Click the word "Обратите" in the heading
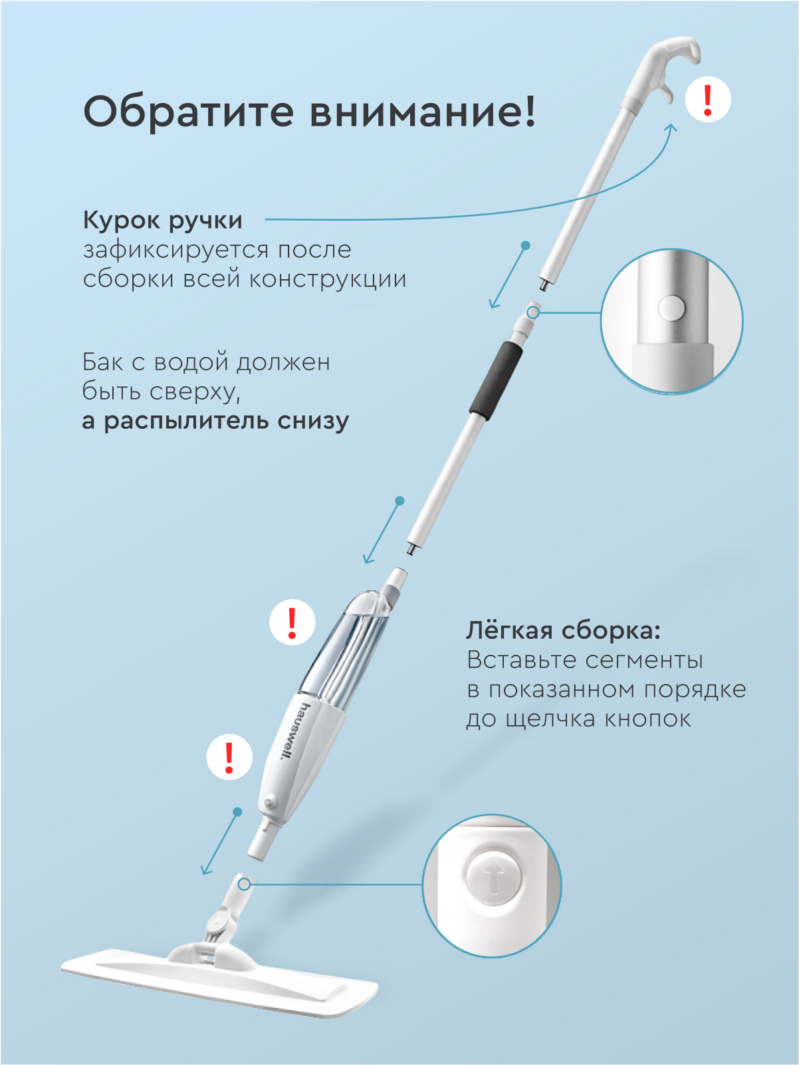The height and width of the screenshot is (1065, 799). pos(189,111)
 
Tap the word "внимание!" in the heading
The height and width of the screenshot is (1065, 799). pos(423,111)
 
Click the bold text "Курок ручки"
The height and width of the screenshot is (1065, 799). pos(162,221)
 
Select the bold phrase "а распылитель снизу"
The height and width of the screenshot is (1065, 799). pos(215,421)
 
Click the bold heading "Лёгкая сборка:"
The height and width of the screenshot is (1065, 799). pos(563,631)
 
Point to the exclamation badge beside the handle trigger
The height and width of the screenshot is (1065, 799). pos(708,100)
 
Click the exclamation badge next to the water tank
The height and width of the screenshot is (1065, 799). pos(292,622)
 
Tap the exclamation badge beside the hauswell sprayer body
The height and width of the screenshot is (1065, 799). pos(229,757)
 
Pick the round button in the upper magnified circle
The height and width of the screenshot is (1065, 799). pos(671,308)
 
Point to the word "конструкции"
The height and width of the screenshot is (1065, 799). pos(328,279)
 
